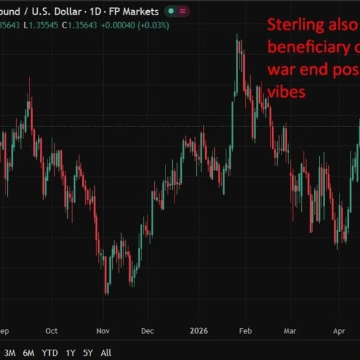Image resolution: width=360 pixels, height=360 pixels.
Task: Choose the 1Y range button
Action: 71,353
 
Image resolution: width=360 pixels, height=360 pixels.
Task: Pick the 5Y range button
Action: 88,353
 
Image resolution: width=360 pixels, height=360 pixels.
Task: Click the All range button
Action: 106,353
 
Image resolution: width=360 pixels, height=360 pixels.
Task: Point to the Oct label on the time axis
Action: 52,331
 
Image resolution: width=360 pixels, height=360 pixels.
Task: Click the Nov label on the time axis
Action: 103,331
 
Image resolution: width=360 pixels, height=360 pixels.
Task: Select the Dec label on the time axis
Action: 148,331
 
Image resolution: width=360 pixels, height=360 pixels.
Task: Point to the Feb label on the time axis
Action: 245,331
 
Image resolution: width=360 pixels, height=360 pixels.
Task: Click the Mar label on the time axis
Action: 290,331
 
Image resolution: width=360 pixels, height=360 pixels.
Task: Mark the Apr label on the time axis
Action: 339,331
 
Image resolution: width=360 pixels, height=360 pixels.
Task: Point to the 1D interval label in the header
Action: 97,11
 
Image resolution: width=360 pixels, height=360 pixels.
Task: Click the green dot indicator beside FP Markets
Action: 172,11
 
